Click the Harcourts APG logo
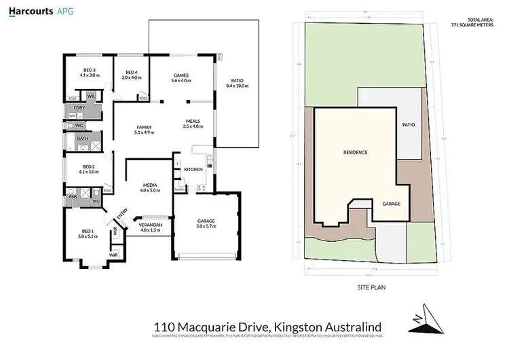click(x=37, y=12)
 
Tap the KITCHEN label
click(x=193, y=169)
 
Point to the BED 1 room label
click(x=89, y=234)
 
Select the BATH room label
click(x=82, y=138)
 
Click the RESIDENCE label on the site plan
click(x=355, y=152)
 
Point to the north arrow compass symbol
click(x=423, y=317)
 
